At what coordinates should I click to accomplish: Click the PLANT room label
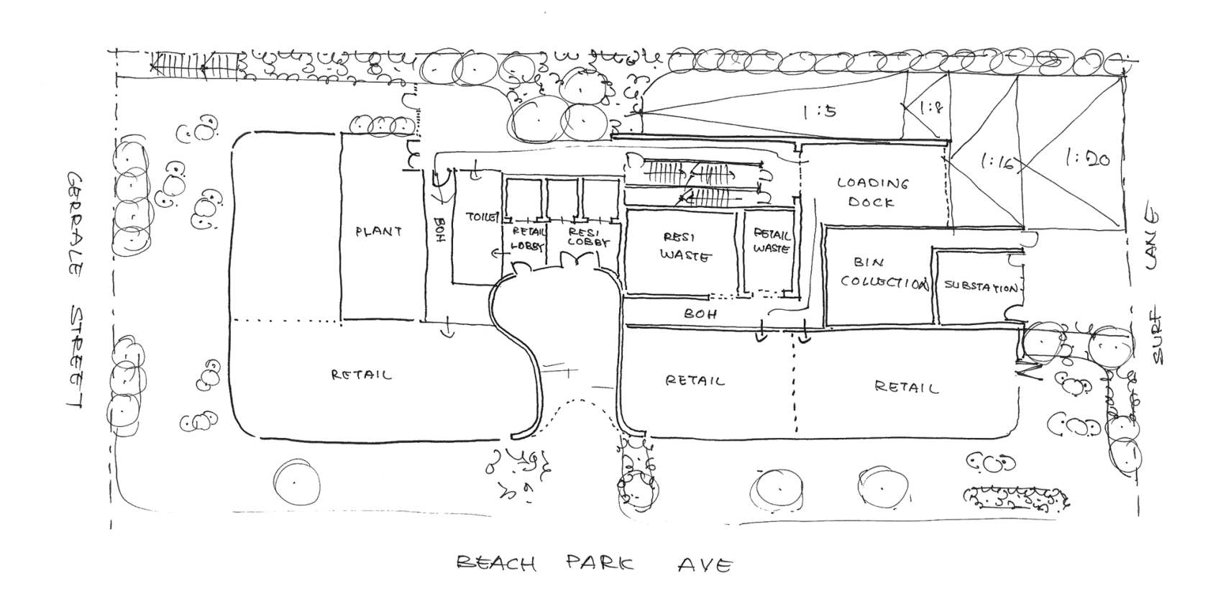(378, 232)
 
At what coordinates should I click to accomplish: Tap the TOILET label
(480, 216)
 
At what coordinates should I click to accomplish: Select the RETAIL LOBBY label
(528, 237)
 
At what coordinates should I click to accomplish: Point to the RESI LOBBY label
(588, 237)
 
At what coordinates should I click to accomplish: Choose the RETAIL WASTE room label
(771, 240)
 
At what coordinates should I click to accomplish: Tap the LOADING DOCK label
(871, 192)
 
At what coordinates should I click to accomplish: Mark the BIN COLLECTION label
(882, 273)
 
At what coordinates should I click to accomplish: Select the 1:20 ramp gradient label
(1086, 156)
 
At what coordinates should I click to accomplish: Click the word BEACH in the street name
(497, 564)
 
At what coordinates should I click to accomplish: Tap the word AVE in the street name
(704, 565)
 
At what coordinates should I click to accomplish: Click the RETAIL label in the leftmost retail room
(361, 375)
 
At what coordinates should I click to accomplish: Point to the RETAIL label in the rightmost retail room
(907, 388)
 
